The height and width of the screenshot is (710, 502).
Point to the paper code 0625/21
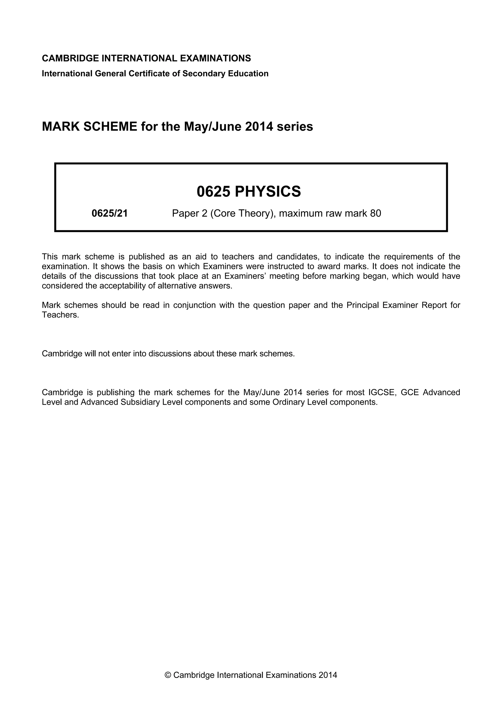(110, 213)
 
